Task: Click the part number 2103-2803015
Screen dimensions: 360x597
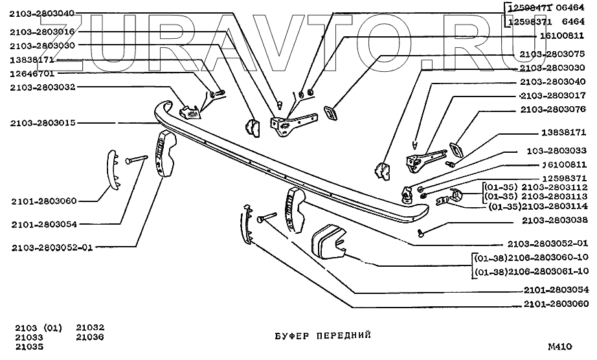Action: [x=43, y=122]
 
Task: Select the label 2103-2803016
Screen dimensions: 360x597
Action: [x=43, y=31]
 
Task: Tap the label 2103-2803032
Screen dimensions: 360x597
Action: [x=43, y=87]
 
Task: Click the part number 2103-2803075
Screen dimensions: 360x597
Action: [x=552, y=53]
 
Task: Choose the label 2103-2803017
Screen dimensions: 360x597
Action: [x=552, y=95]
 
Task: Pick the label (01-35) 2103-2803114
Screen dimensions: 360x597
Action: [x=537, y=207]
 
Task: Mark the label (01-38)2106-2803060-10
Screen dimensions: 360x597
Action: [x=532, y=258]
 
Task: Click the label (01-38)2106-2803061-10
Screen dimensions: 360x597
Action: [x=532, y=271]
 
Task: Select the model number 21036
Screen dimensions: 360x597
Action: [x=90, y=337]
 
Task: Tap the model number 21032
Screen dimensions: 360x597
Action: [x=90, y=328]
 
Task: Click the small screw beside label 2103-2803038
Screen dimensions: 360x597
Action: [x=422, y=231]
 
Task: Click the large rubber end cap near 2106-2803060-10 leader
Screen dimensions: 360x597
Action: [x=331, y=242]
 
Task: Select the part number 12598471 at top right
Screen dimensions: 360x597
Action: [x=529, y=8]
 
